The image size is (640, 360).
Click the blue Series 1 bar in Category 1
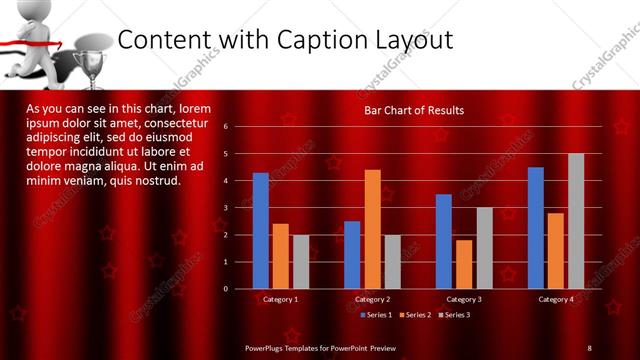pyautogui.click(x=260, y=231)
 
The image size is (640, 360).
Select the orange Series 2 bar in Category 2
pyautogui.click(x=372, y=229)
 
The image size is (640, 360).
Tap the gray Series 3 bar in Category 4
pyautogui.click(x=576, y=221)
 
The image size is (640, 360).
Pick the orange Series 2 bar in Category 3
pyautogui.click(x=464, y=264)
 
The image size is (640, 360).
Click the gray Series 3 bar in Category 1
pyautogui.click(x=300, y=262)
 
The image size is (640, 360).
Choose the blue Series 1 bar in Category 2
pyautogui.click(x=352, y=255)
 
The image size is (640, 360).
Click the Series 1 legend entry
pyautogui.click(x=376, y=315)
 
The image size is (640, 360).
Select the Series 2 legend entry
pyautogui.click(x=415, y=315)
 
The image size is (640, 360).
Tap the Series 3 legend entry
pyautogui.click(x=455, y=315)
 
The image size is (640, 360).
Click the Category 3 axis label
pyautogui.click(x=463, y=299)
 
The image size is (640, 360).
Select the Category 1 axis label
pyautogui.click(x=280, y=299)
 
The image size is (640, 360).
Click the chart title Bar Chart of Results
pyautogui.click(x=413, y=110)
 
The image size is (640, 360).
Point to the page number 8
pyautogui.click(x=589, y=347)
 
